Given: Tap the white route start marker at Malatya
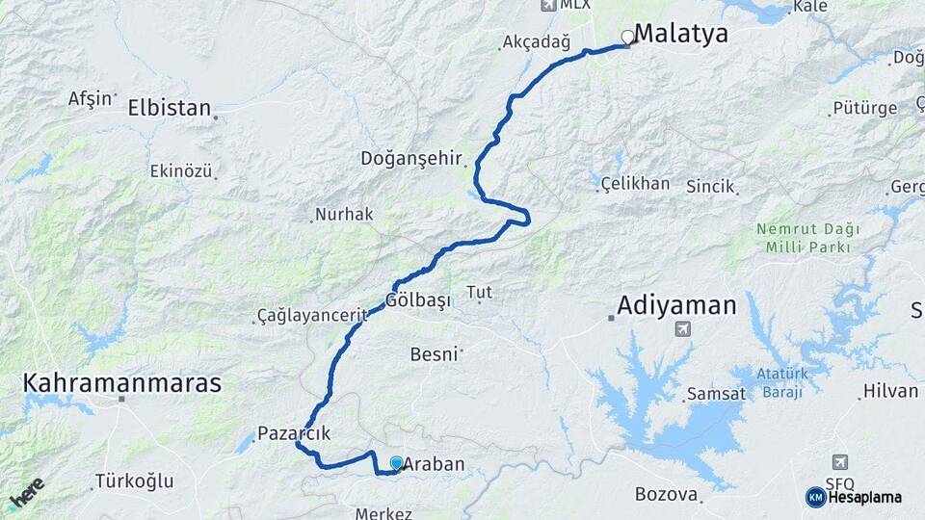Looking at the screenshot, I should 628,38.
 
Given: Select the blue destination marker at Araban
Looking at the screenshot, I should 395,463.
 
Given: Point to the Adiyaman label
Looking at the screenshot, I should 676,306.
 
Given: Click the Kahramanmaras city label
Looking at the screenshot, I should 121,383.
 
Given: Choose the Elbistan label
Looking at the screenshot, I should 169,108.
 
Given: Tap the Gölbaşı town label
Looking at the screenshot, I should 418,299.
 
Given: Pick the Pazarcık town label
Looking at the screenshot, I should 294,433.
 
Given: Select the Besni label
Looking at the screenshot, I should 434,354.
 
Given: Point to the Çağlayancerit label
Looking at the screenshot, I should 313,316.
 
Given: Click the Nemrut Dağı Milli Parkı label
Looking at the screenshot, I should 803,238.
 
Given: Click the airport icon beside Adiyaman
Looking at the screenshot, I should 683,329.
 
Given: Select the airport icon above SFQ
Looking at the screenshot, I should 841,463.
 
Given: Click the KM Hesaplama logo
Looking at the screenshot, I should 854,497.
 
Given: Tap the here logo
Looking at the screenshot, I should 26,492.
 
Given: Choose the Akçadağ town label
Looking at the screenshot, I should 537,42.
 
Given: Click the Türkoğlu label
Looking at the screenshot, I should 134,481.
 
